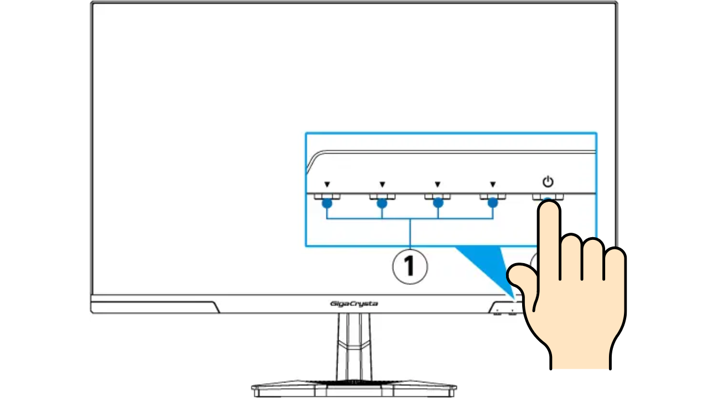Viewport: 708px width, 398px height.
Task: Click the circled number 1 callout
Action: click(x=410, y=266)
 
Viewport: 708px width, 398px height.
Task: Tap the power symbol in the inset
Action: click(x=548, y=181)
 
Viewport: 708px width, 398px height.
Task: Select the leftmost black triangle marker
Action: click(x=327, y=184)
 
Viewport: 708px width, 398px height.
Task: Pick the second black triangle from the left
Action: click(x=382, y=184)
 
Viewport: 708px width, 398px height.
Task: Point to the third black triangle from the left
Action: click(x=438, y=184)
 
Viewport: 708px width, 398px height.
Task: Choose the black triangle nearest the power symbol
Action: click(x=493, y=184)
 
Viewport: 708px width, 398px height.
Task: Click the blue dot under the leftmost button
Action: click(x=327, y=203)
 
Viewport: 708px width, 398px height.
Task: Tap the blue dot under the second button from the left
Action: click(x=382, y=203)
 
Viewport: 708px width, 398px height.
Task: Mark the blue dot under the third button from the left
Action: click(x=438, y=203)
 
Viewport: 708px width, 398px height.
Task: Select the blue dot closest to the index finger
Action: click(x=493, y=203)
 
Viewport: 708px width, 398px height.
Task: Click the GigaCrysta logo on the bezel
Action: click(x=354, y=304)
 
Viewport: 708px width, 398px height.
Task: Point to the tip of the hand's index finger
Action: click(x=549, y=202)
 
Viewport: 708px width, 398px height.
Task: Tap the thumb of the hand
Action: click(x=522, y=278)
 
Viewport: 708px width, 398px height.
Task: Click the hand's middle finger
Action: click(x=571, y=256)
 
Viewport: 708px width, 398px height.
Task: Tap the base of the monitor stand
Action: click(x=354, y=389)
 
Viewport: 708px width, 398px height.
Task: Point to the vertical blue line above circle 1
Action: click(x=410, y=234)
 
